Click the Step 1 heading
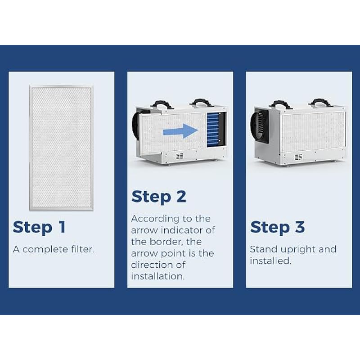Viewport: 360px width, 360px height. pyautogui.click(x=39, y=227)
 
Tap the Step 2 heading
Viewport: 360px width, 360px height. pyautogui.click(x=159, y=197)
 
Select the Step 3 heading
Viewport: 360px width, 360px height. pyautogui.click(x=277, y=227)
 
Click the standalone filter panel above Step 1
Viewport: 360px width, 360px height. pyautogui.click(x=61, y=148)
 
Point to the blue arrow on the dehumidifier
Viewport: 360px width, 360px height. pyautogui.click(x=180, y=131)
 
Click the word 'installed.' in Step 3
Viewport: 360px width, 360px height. pyautogui.click(x=270, y=261)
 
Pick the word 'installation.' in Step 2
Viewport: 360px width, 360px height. pyautogui.click(x=158, y=276)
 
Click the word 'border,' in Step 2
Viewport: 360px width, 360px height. pyautogui.click(x=175, y=242)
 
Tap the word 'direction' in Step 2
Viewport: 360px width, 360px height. pyautogui.click(x=151, y=265)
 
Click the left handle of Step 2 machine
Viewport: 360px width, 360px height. pyautogui.click(x=162, y=104)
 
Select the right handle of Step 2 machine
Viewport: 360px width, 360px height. pyautogui.click(x=202, y=103)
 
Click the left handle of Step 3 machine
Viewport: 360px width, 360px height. pyautogui.click(x=281, y=104)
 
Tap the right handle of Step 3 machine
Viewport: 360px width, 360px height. pyautogui.click(x=320, y=103)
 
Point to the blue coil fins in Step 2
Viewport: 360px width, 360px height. pyautogui.click(x=213, y=130)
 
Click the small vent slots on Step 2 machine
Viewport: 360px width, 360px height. pyautogui.click(x=180, y=156)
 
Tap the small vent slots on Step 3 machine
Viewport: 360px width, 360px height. pyautogui.click(x=298, y=157)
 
